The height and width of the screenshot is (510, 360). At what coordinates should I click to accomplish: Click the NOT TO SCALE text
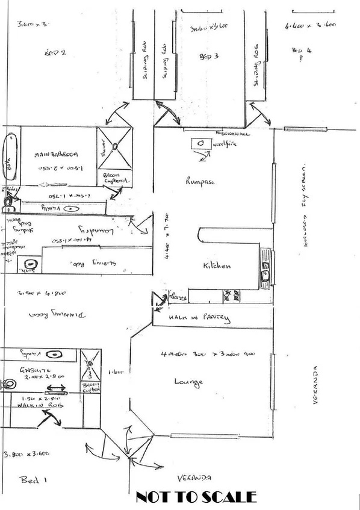coord(196,497)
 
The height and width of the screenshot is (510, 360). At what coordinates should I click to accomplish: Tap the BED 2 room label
coord(55,54)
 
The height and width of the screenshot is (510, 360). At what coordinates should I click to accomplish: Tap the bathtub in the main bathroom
coord(10,157)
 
